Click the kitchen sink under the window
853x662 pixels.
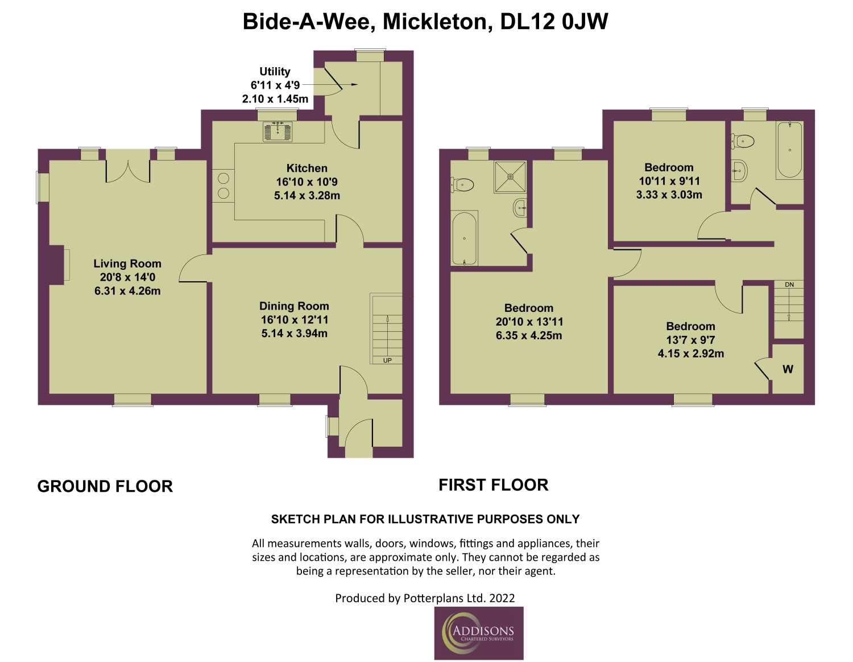click(x=278, y=131)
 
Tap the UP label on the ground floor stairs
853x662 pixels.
click(x=387, y=360)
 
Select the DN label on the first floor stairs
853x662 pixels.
click(x=789, y=285)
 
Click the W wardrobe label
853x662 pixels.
click(x=788, y=369)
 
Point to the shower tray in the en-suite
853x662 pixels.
click(x=510, y=177)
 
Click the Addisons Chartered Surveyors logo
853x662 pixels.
click(x=478, y=634)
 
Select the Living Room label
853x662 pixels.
click(x=127, y=264)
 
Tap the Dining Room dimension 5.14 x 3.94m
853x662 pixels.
click(x=295, y=334)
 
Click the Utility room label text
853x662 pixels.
click(x=275, y=72)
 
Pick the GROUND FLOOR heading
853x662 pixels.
click(x=105, y=486)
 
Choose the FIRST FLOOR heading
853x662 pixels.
click(x=494, y=485)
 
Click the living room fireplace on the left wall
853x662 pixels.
click(x=57, y=265)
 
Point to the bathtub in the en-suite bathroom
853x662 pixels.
click(x=465, y=238)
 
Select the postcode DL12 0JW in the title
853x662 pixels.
click(x=554, y=22)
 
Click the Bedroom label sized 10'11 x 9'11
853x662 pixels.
click(x=669, y=167)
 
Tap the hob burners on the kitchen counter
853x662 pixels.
click(x=223, y=186)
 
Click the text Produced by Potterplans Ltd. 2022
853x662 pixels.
click(x=425, y=598)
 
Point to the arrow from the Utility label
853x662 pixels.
click(x=330, y=84)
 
